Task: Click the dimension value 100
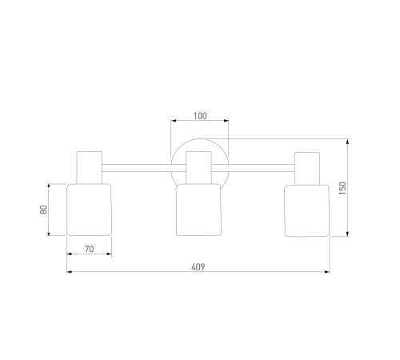[x=200, y=116]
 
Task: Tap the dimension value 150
[x=342, y=188]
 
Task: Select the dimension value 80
[x=43, y=210]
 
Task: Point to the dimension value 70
[x=90, y=249]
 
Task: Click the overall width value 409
[x=198, y=267]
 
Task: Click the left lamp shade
[x=89, y=210]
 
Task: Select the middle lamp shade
[x=198, y=210]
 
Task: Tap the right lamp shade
[x=307, y=210]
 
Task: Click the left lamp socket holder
[x=89, y=167]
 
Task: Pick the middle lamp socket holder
[x=198, y=168]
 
